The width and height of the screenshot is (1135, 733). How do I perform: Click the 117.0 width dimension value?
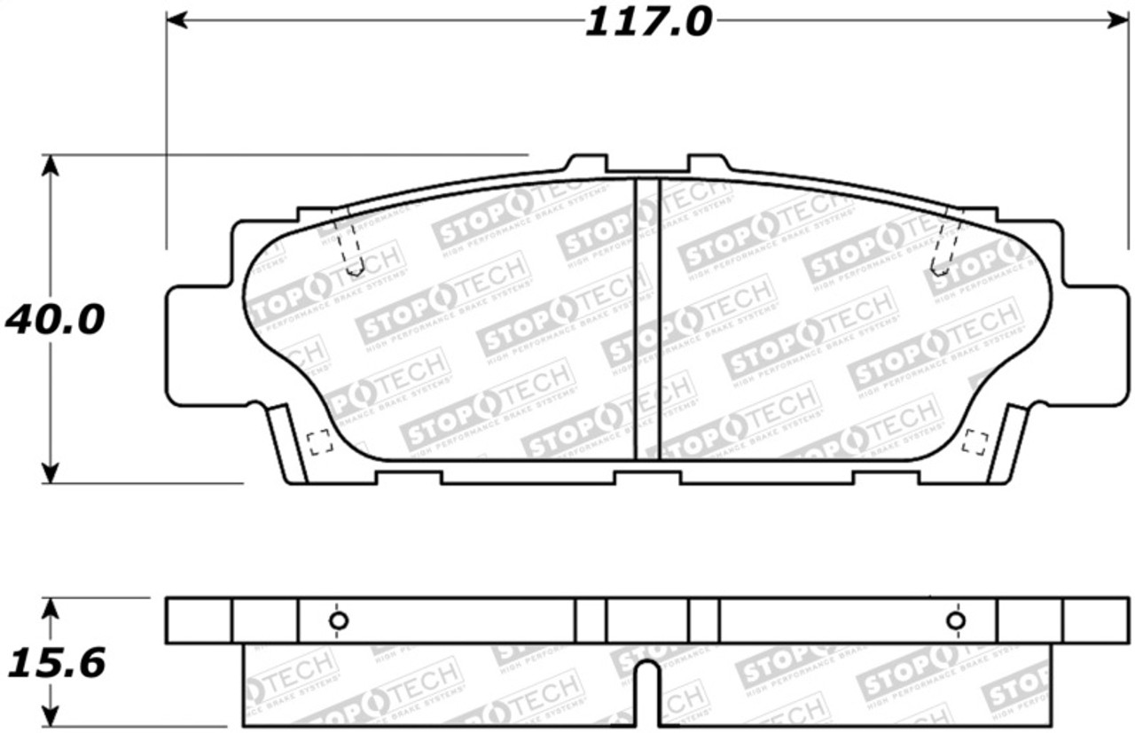coord(648,21)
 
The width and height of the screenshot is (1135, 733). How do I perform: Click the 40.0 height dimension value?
coord(55,319)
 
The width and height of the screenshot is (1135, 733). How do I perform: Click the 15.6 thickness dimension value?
coord(55,662)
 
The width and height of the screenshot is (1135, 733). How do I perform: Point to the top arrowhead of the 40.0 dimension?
coord(51,165)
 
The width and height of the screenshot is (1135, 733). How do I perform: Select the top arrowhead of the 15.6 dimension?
coord(51,607)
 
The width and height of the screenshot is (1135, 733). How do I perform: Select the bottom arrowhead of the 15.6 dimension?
coord(51,718)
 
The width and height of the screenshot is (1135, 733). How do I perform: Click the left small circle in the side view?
coord(338,620)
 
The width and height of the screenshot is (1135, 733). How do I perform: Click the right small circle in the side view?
coord(955,620)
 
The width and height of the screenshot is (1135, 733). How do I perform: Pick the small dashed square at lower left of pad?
coord(318,441)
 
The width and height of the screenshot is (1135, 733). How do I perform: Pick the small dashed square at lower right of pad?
coord(975,441)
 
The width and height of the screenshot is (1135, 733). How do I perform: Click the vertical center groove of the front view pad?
coord(647,319)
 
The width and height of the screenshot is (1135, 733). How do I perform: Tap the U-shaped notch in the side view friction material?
coord(648,691)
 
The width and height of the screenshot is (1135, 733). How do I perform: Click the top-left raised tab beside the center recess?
coord(587,164)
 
